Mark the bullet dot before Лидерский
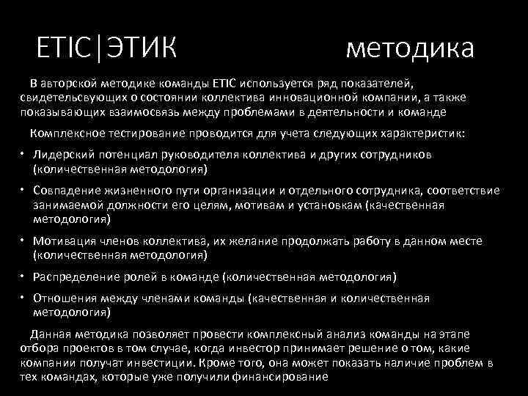[23, 155]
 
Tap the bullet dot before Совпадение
[23, 191]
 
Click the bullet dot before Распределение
[23, 276]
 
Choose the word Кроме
[312, 363]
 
